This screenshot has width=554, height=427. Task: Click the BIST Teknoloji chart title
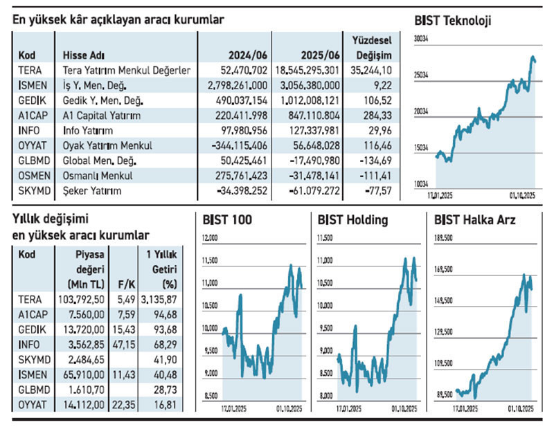coord(452,21)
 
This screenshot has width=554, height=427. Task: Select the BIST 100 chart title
coord(227,220)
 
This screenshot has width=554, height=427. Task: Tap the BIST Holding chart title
coord(352,220)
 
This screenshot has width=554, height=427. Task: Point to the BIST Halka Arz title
coord(474,220)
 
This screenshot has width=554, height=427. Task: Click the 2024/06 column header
coord(248,55)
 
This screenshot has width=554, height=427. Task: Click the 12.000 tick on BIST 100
coord(209,238)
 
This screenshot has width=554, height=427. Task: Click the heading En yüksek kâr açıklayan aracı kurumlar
coord(118,20)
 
